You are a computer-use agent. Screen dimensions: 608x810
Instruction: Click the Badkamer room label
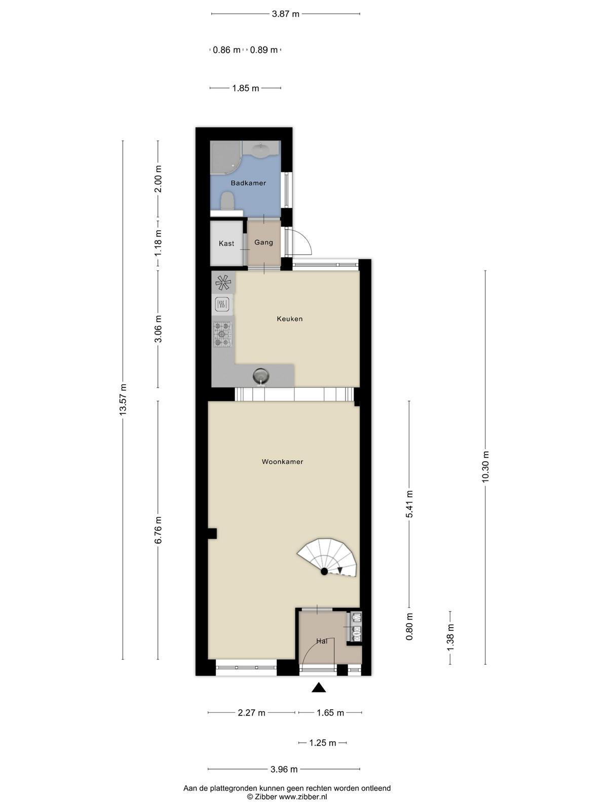click(x=248, y=183)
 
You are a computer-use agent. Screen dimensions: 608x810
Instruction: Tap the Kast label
click(x=226, y=243)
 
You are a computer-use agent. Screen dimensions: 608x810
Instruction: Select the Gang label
click(x=263, y=242)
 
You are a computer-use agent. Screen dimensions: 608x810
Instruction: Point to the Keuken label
click(x=290, y=318)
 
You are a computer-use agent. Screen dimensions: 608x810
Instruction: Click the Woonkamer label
click(x=282, y=461)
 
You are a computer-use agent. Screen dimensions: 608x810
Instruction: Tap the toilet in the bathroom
click(x=227, y=201)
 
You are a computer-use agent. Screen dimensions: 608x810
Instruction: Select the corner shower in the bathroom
click(x=225, y=157)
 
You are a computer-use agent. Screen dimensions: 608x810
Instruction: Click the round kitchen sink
click(x=261, y=377)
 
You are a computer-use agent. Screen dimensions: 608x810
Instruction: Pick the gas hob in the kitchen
click(x=222, y=334)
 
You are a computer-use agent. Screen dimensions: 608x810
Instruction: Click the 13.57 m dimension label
click(x=123, y=399)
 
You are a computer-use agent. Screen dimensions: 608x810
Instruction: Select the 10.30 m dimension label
click(x=485, y=466)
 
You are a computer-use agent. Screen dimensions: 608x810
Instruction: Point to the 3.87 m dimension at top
click(x=285, y=14)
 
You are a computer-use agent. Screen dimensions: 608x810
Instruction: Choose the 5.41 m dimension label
click(x=409, y=504)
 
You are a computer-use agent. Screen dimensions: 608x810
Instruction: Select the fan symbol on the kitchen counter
click(x=223, y=282)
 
